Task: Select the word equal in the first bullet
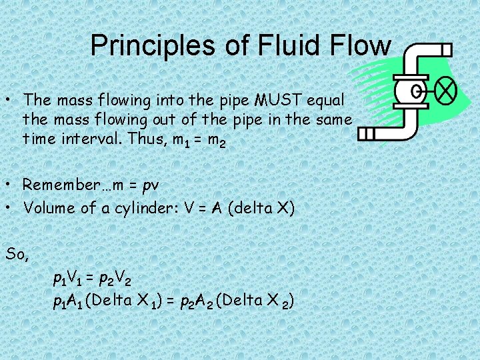(x=326, y=100)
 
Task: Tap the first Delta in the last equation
(x=109, y=301)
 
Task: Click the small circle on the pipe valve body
(x=417, y=91)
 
